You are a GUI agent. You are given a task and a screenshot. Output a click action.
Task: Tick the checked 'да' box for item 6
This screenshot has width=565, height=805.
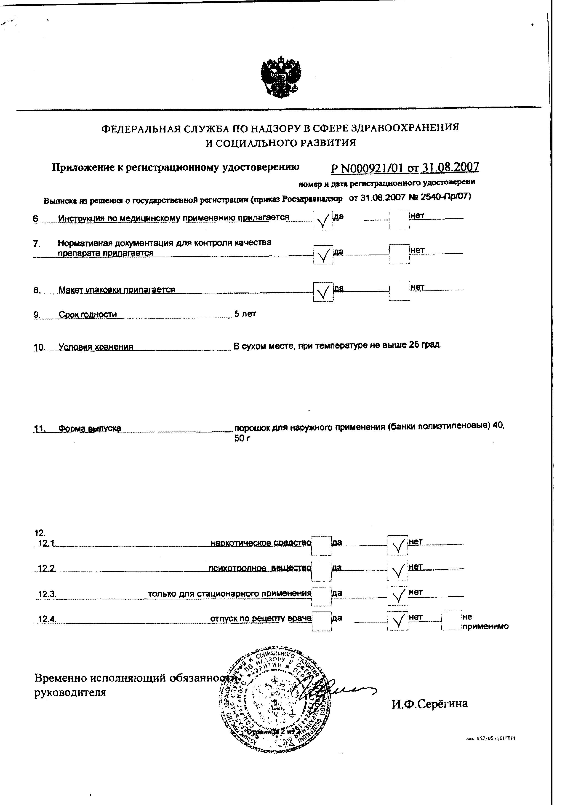click(323, 220)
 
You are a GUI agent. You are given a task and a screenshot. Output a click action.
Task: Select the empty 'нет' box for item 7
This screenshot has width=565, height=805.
click(399, 254)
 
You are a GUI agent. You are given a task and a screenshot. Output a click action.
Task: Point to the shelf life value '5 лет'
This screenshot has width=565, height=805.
click(245, 314)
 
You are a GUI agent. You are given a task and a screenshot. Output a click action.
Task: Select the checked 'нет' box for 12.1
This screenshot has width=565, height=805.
click(397, 546)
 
